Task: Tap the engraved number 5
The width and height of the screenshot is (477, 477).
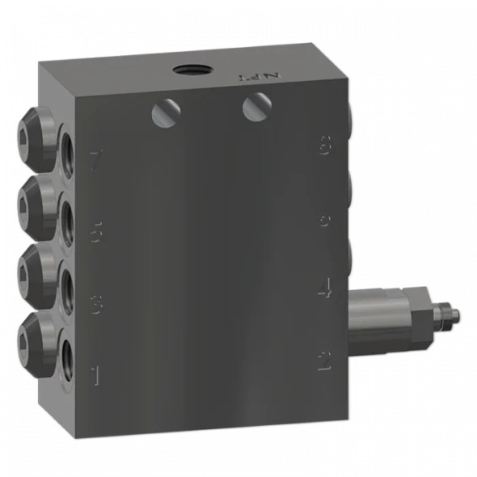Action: pos(96,232)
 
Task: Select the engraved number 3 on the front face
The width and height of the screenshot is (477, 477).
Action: pos(96,306)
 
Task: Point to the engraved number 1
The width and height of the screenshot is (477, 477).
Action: pos(96,375)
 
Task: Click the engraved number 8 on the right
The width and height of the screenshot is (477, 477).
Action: pos(324,148)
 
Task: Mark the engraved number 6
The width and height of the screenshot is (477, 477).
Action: pos(324,220)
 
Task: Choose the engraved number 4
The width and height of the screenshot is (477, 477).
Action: pos(324,289)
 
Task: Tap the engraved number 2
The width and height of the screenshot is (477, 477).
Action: pos(324,361)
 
